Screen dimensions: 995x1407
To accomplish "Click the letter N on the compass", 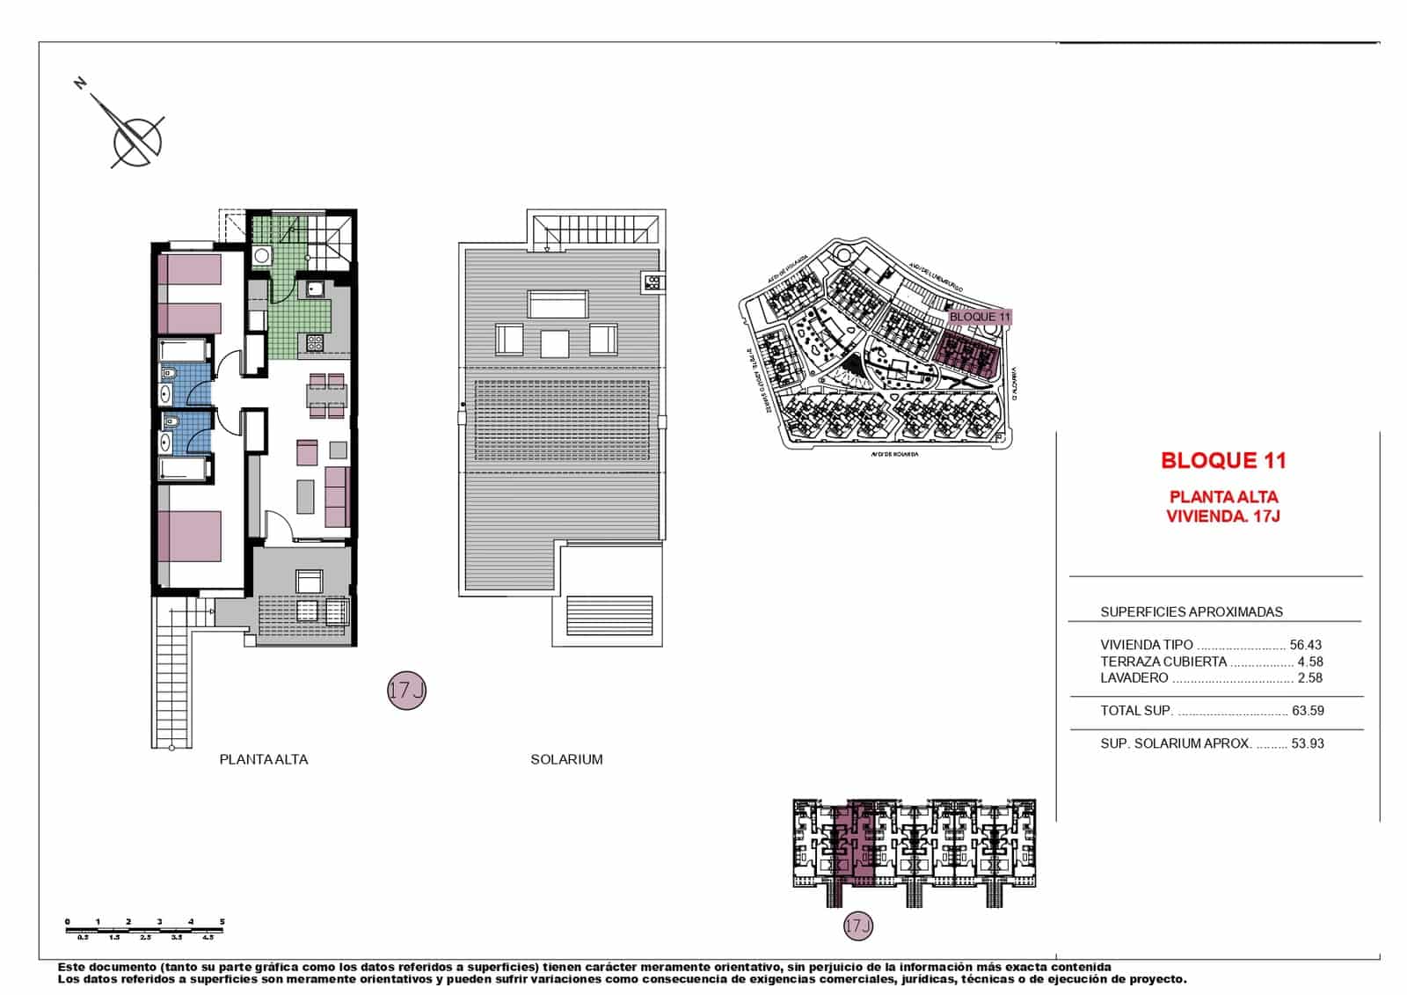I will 81,84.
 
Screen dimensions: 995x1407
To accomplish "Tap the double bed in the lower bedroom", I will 190,537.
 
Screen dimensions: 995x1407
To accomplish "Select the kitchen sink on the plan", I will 314,288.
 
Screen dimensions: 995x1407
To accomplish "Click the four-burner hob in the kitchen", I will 314,342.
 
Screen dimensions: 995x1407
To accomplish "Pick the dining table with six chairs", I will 326,395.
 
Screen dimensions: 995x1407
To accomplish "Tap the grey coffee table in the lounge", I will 305,496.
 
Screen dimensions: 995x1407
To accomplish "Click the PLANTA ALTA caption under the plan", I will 264,759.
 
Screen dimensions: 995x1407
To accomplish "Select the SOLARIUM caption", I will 566,759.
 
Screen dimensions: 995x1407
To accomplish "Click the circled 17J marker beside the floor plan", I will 406,691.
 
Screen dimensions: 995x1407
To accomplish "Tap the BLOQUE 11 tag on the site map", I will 980,317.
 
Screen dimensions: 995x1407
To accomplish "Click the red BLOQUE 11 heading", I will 1222,460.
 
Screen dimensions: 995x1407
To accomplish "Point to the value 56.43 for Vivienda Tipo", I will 1305,645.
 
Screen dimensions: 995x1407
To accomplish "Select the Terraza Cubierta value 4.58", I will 1309,662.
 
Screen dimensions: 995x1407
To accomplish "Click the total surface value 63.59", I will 1307,711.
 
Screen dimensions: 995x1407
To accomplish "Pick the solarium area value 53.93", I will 1307,743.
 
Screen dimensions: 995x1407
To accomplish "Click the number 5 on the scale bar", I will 222,922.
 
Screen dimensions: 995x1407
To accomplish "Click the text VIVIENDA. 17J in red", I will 1222,516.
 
